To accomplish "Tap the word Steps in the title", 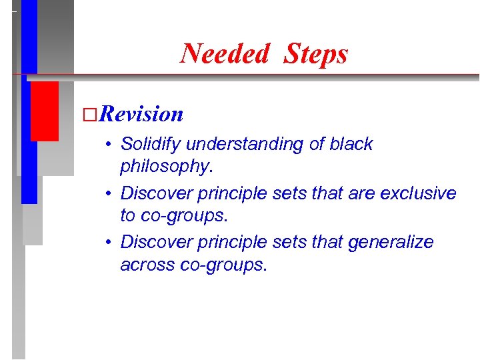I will point(315,53).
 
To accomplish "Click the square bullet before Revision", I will point(88,115).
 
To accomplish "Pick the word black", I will point(351,145).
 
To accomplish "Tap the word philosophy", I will point(165,167).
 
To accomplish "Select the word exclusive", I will point(418,193).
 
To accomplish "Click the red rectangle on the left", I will point(45,111).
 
